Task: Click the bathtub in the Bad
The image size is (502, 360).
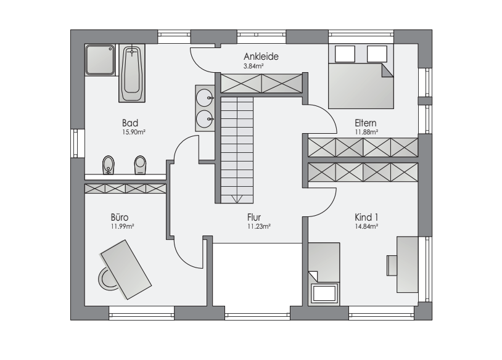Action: (132, 73)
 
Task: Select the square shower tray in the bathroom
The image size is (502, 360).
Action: (100, 60)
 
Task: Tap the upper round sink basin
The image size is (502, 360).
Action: (204, 97)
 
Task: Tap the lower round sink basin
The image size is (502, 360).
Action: (204, 119)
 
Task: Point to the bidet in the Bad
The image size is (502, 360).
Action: (109, 165)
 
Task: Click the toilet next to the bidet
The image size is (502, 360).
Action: (140, 165)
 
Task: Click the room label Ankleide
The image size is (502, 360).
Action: (261, 56)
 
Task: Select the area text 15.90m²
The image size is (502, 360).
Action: (134, 132)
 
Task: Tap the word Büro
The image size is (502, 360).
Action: (120, 217)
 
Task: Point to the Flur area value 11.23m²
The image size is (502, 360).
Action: (258, 227)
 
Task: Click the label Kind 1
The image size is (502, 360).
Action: (366, 217)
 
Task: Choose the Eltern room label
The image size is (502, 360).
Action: (365, 123)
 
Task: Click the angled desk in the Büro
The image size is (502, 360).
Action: (126, 270)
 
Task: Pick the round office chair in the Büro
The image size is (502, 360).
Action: (106, 279)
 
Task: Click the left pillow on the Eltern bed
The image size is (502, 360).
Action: (345, 54)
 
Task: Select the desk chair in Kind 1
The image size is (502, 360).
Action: (392, 265)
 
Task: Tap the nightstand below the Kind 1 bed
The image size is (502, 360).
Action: (324, 293)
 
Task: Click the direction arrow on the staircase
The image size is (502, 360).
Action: (237, 199)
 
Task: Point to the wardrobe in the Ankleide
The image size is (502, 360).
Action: (261, 83)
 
